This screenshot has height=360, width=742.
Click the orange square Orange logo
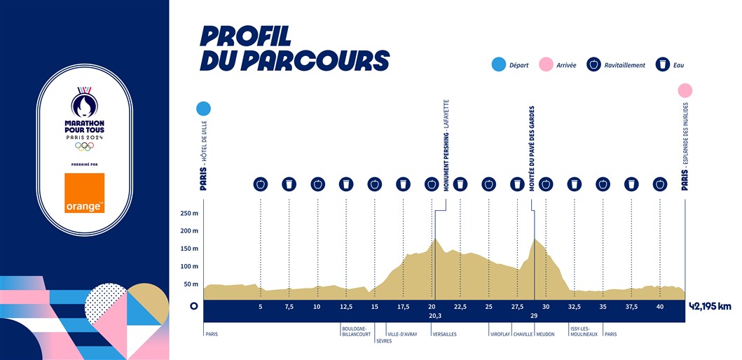point(85,193)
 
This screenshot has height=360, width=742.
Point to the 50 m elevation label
point(191,284)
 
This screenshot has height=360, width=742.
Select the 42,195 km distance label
point(710,306)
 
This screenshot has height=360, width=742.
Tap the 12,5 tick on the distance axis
point(346,306)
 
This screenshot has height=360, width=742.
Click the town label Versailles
point(445,334)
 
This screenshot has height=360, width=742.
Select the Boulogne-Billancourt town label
point(354,331)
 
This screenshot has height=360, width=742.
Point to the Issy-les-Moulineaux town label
point(584,331)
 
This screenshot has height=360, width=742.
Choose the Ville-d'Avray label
point(402,334)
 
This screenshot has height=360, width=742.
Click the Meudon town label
point(545,334)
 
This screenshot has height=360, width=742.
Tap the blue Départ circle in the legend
point(498,65)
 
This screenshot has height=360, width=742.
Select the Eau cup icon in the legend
point(661,65)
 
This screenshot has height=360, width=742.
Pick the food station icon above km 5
point(261,184)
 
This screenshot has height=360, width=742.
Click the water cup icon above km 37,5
point(632,184)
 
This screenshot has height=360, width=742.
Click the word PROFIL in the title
point(245,36)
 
